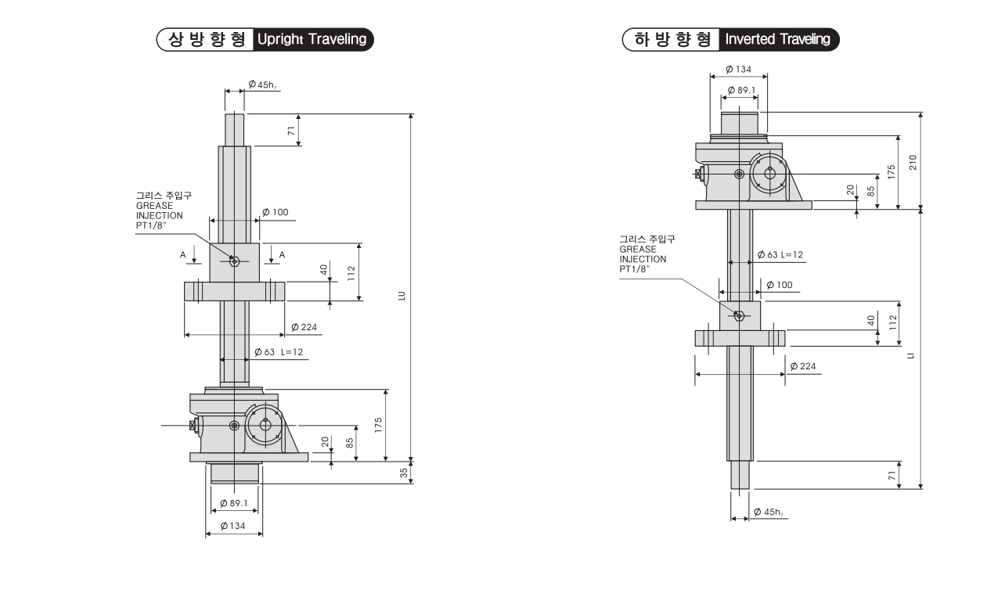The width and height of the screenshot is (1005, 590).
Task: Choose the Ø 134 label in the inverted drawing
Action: [x=738, y=69]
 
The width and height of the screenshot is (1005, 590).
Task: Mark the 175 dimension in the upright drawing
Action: [x=378, y=426]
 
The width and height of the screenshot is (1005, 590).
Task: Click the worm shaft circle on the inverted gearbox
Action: [x=770, y=173]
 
